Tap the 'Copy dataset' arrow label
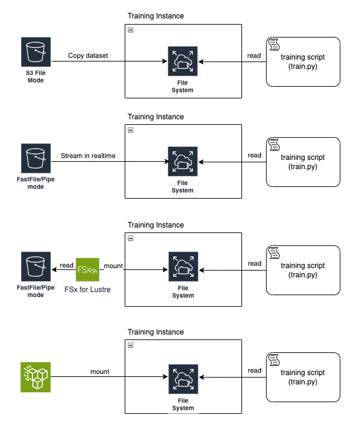[x=88, y=55]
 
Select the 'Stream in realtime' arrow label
[x=88, y=156]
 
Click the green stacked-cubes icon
[x=35, y=377]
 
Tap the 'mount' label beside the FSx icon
[x=113, y=266]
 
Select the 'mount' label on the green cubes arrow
[x=100, y=371]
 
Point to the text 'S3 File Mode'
[x=35, y=76]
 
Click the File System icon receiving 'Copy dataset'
[x=182, y=61]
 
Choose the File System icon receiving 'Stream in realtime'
[x=182, y=161]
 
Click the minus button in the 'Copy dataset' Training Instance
[x=130, y=30]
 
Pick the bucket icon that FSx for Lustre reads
[x=35, y=267]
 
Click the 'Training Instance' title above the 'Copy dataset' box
[x=155, y=15]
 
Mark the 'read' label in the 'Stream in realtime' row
[x=254, y=156]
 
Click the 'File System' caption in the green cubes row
[x=182, y=404]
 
